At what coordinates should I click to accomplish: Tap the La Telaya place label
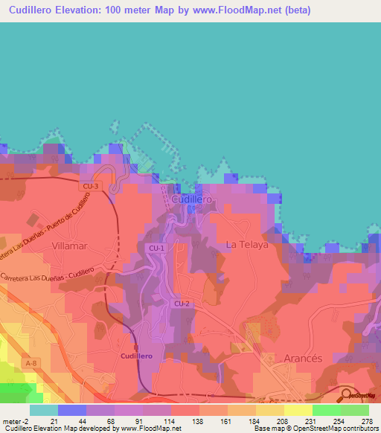point(246,244)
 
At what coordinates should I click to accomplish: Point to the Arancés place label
point(304,358)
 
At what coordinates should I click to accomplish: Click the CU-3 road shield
point(91,186)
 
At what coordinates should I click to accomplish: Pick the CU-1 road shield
point(156,248)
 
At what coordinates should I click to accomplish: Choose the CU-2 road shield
point(182,304)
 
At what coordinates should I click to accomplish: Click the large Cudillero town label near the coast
point(192,199)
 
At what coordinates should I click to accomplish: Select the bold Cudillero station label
point(136,356)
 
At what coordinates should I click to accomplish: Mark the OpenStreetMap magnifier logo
point(347,395)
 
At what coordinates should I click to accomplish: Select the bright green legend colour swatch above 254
point(327,410)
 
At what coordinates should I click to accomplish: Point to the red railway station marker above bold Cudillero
point(136,347)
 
